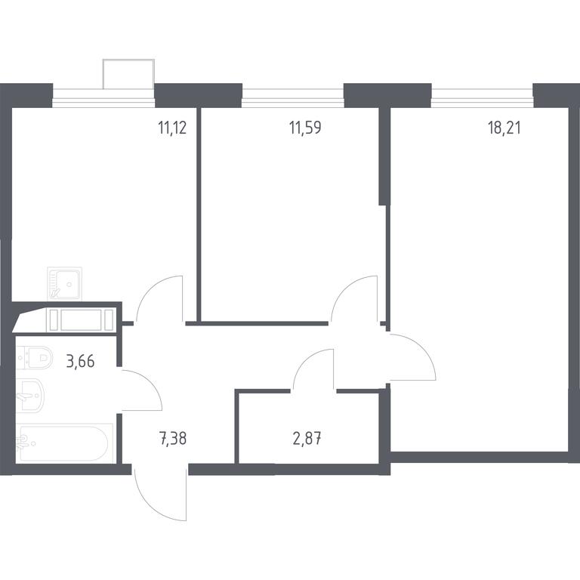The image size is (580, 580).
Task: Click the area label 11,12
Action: point(172,128)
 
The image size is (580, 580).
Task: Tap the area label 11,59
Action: point(305,128)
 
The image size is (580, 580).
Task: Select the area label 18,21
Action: point(504,128)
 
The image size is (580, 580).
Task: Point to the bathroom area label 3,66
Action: point(80,361)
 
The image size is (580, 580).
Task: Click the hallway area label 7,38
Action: point(172,439)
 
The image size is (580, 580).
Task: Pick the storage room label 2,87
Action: point(307,439)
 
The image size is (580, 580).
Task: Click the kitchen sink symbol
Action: point(65,284)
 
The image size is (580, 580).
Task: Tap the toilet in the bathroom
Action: point(35,357)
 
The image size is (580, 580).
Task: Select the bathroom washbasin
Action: point(30,394)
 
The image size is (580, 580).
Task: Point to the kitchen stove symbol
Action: point(81,320)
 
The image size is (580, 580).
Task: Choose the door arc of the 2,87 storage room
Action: point(305,361)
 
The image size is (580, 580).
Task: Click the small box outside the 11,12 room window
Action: point(128,74)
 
